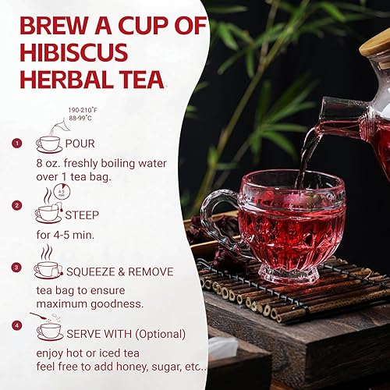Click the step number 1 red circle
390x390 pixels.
[x=17, y=144]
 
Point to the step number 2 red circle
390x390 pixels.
[x=17, y=206]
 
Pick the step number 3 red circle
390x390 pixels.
[x=17, y=268]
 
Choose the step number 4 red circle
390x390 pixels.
[x=17, y=324]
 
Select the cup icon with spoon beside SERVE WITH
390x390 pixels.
[x=48, y=326]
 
